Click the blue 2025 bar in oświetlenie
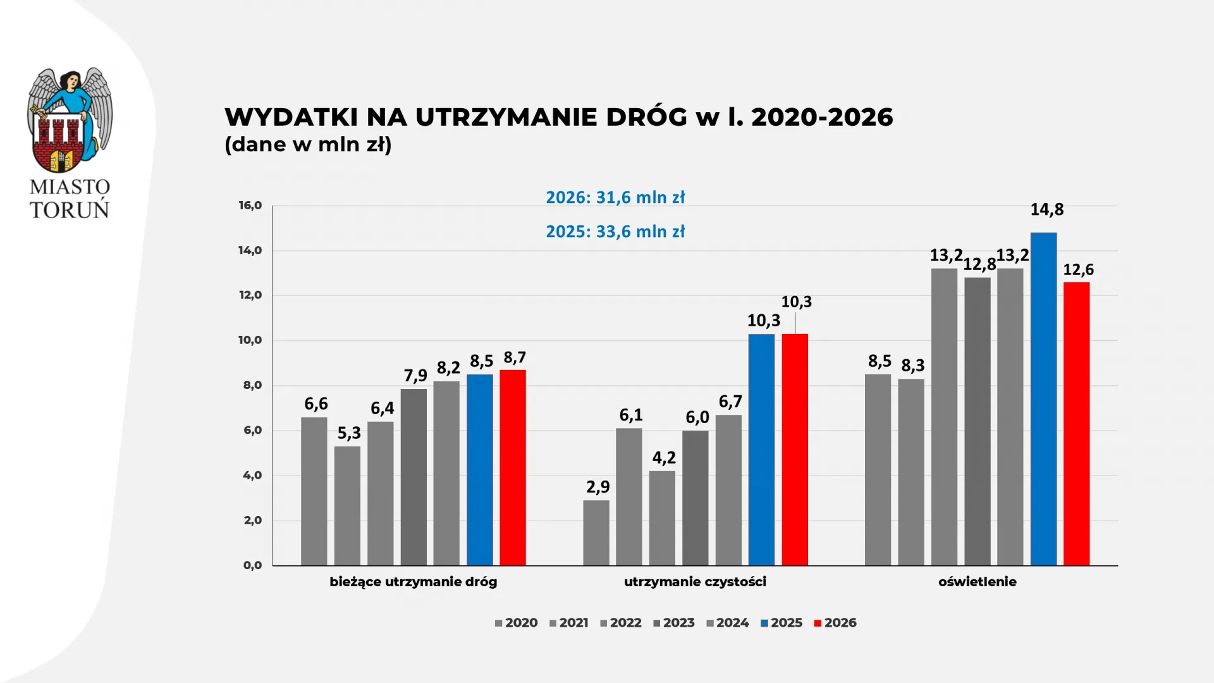1043,398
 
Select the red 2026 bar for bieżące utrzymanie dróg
513,467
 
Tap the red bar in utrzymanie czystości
795,449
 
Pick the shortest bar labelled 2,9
596,532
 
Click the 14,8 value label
1047,209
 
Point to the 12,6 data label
1078,270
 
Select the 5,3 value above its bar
349,433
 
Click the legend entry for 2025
782,623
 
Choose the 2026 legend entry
835,623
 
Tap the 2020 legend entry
517,623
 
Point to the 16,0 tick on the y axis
250,206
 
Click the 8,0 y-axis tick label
252,385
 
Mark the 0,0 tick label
252,565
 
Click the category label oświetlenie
977,582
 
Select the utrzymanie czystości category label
695,582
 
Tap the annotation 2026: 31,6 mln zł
615,197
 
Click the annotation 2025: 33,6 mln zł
615,231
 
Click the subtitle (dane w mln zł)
308,145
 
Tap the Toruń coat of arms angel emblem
70,120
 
